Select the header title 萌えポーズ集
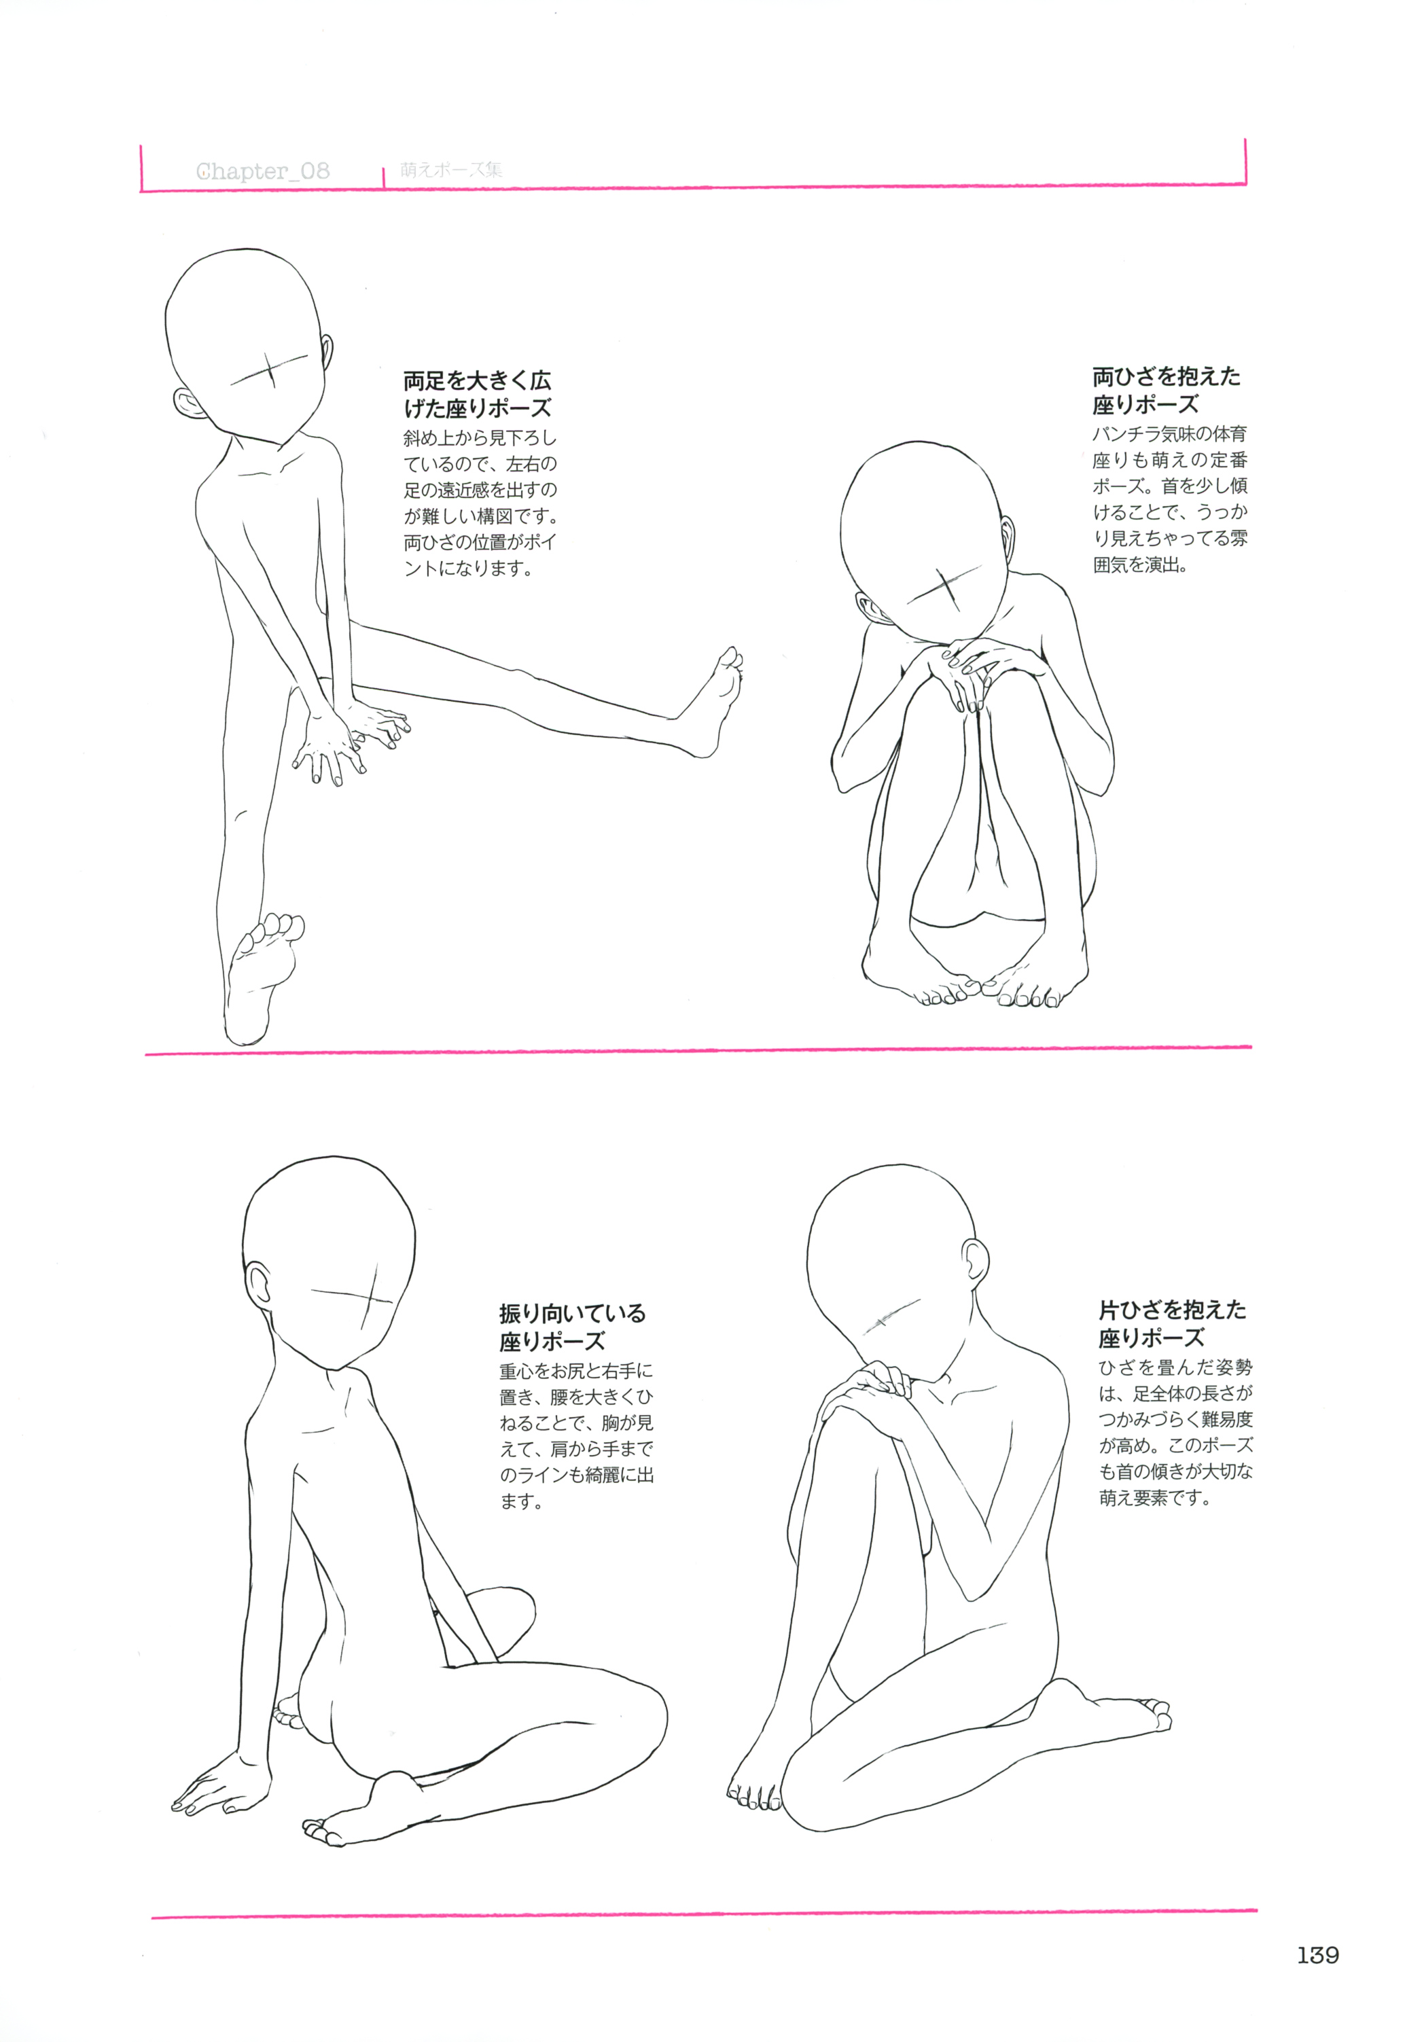450,169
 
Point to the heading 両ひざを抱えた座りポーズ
1167,390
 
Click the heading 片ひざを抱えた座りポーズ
1172,1324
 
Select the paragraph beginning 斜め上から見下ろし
480,503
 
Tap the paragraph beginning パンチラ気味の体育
1170,499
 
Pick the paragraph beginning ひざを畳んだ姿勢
1175,1432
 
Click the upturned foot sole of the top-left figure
262,977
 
